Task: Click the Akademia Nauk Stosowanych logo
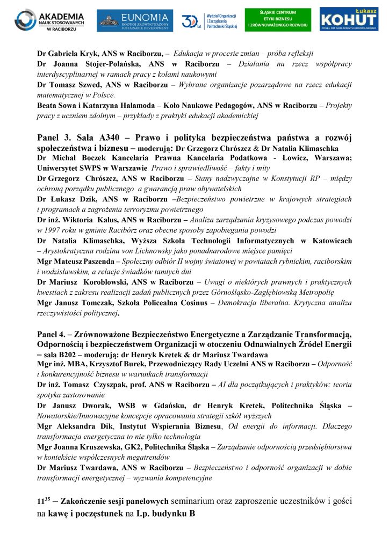tap(49, 20)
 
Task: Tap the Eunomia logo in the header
tap(135, 20)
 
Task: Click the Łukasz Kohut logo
tap(352, 20)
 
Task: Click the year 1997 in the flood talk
tap(46, 230)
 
